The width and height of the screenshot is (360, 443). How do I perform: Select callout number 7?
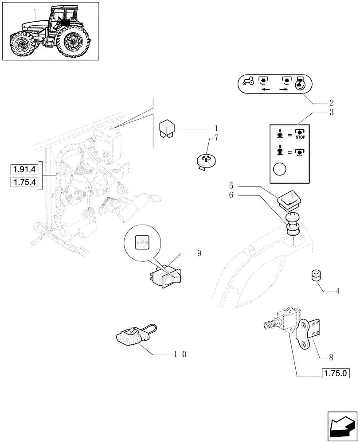pos(216,137)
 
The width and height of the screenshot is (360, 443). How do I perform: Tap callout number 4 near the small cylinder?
pos(338,291)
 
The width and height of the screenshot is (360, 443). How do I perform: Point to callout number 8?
pos(331,356)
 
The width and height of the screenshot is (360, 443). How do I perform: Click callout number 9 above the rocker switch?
pos(199,254)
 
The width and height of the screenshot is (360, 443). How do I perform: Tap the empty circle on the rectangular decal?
pos(281,170)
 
